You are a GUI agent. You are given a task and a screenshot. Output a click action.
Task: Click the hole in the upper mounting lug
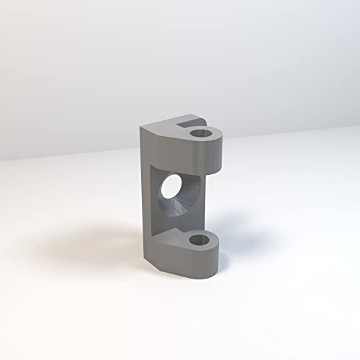point(201,133)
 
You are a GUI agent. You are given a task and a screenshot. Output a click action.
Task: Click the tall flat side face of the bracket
point(144,194)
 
